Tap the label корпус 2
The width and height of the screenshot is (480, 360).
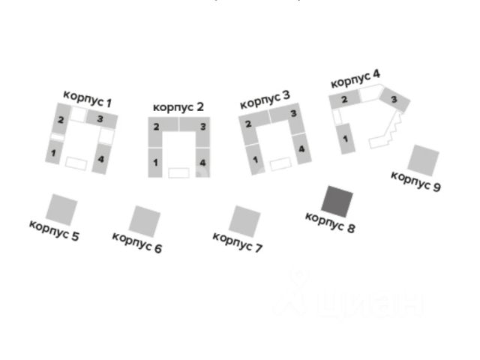point(178,107)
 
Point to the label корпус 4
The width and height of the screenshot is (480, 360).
point(355,77)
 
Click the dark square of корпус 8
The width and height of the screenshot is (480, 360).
point(338,201)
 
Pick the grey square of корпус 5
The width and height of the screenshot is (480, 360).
point(61,208)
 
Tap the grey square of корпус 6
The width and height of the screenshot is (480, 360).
point(144,220)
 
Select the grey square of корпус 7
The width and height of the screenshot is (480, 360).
point(244,221)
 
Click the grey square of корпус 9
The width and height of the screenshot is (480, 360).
point(424,160)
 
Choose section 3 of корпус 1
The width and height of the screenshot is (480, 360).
point(100,118)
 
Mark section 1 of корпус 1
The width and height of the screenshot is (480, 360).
point(54,153)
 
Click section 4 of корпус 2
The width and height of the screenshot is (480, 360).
point(201,162)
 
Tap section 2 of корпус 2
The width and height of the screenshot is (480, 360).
point(156,127)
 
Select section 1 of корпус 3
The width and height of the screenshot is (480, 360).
point(256,159)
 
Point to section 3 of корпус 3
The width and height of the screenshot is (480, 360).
point(293,114)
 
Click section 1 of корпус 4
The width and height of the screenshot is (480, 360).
point(346,138)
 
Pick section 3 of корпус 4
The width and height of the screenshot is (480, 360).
point(394,100)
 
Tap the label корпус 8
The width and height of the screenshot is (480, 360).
point(330,222)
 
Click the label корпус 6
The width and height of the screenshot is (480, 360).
point(136,242)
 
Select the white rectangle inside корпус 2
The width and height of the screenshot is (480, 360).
point(178,173)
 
